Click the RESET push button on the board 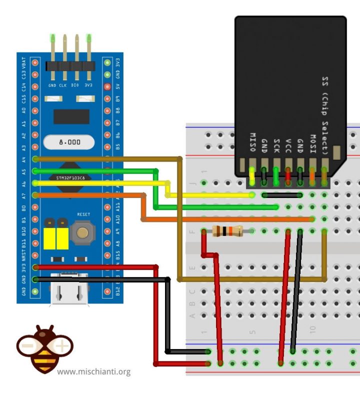tap(82, 232)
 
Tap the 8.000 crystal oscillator tap(69, 142)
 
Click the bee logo tap(45, 348)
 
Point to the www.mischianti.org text tap(94, 371)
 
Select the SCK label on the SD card tap(276, 145)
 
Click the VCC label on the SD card tap(288, 145)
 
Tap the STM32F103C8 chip tap(70, 177)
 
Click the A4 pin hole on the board tap(35, 159)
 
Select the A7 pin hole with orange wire tap(35, 195)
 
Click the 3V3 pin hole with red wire tap(35, 267)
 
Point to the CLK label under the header tap(63, 85)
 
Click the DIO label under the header tap(76, 85)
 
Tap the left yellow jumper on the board tap(49, 237)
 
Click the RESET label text tap(83, 214)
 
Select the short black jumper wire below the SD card tap(282, 195)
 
